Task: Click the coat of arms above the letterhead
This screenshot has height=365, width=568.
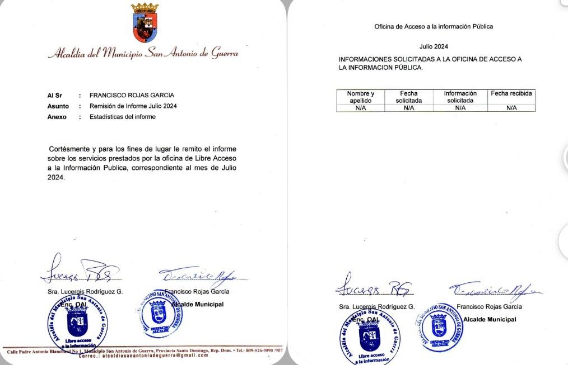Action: pos(145,23)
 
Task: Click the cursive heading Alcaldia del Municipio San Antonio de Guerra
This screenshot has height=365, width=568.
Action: pos(143,54)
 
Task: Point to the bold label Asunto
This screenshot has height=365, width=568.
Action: pos(58,106)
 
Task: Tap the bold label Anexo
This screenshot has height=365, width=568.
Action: pos(57,117)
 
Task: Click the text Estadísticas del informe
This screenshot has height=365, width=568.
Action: pos(123,117)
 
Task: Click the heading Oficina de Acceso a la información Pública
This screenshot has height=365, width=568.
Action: pos(434,26)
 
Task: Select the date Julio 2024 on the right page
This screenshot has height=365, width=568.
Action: pos(434,46)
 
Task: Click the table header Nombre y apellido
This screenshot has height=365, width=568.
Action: pos(360,97)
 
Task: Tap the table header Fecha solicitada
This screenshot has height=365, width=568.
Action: pos(408,97)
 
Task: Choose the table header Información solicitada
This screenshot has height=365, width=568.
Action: pos(460,97)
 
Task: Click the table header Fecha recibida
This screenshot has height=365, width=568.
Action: pos(511,93)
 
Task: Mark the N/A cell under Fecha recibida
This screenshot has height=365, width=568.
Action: pos(511,108)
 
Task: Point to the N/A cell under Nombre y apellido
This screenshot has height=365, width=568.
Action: pos(360,108)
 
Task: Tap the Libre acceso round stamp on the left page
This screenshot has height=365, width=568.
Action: pos(78,324)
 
